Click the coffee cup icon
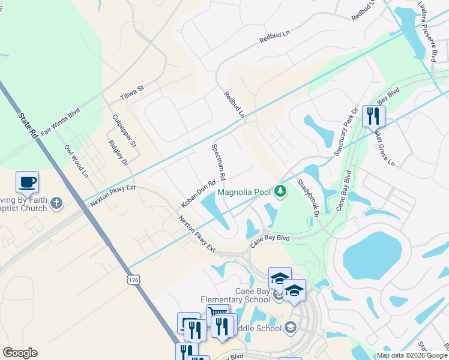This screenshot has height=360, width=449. (27, 182)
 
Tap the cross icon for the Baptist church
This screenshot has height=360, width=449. (56, 203)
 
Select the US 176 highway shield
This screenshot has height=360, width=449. (133, 280)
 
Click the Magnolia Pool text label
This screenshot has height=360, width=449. (244, 193)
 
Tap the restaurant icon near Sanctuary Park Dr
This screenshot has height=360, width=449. (373, 115)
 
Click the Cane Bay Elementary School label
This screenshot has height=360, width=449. (252, 296)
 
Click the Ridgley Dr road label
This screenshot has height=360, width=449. (118, 153)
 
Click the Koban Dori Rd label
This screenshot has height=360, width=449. (198, 193)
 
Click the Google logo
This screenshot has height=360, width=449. (20, 353)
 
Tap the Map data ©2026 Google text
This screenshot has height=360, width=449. (412, 355)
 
